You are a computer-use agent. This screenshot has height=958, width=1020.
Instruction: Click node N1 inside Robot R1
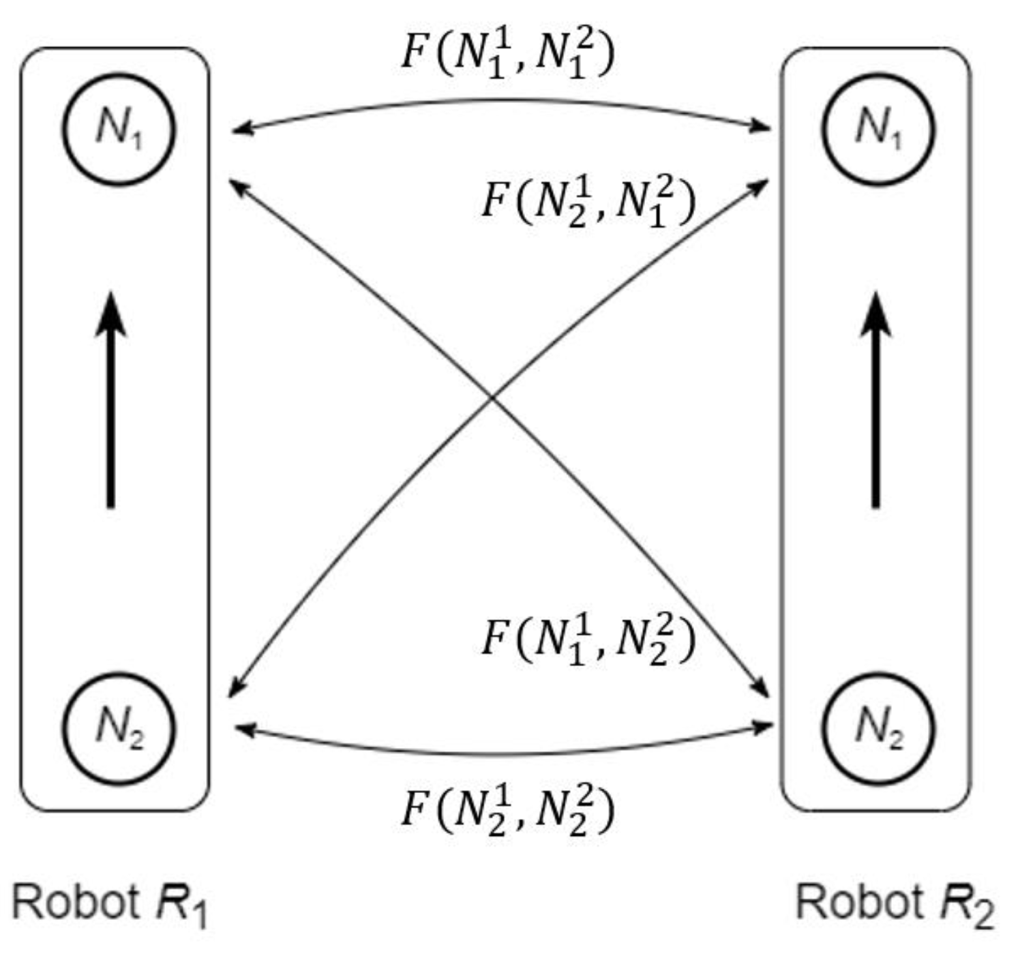click(119, 129)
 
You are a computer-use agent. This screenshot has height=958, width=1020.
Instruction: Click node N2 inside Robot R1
click(119, 728)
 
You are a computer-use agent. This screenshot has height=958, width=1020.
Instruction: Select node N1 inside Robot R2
click(879, 129)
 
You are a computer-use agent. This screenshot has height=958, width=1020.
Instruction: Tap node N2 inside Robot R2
click(879, 728)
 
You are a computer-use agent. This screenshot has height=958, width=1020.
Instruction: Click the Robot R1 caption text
click(109, 903)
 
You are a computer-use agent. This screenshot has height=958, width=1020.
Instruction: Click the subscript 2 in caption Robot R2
click(982, 915)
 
